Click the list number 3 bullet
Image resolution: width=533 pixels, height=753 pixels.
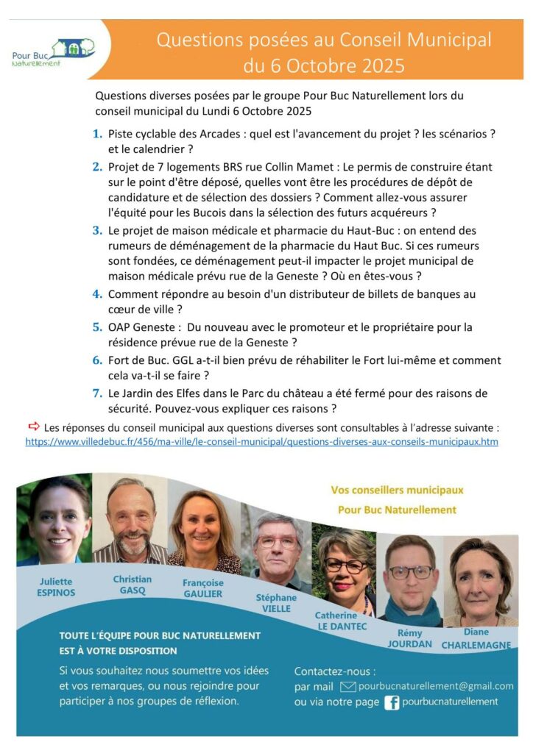pyautogui.click(x=97, y=230)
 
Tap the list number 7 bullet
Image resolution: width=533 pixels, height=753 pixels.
pyautogui.click(x=97, y=393)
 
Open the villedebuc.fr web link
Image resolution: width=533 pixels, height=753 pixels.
pyautogui.click(x=261, y=442)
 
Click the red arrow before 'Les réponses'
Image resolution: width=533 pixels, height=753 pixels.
pyautogui.click(x=34, y=426)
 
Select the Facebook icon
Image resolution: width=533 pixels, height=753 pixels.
pyautogui.click(x=392, y=702)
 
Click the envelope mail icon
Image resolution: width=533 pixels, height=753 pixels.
pyautogui.click(x=348, y=686)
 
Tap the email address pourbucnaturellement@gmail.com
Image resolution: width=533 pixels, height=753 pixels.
pyautogui.click(x=436, y=686)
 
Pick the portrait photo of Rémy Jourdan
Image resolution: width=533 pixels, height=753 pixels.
pyautogui.click(x=410, y=580)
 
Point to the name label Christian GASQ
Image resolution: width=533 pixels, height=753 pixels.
pyautogui.click(x=133, y=585)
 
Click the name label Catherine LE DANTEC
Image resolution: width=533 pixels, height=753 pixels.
pyautogui.click(x=341, y=620)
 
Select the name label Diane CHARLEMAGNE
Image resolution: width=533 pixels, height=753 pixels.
pyautogui.click(x=476, y=638)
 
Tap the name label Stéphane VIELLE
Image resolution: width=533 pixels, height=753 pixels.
pyautogui.click(x=276, y=603)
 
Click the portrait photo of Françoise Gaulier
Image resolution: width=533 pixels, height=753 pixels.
pyautogui.click(x=203, y=532)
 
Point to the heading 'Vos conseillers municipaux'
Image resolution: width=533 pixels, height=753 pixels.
pyautogui.click(x=398, y=490)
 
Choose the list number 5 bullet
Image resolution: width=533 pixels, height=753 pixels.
pyautogui.click(x=97, y=326)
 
